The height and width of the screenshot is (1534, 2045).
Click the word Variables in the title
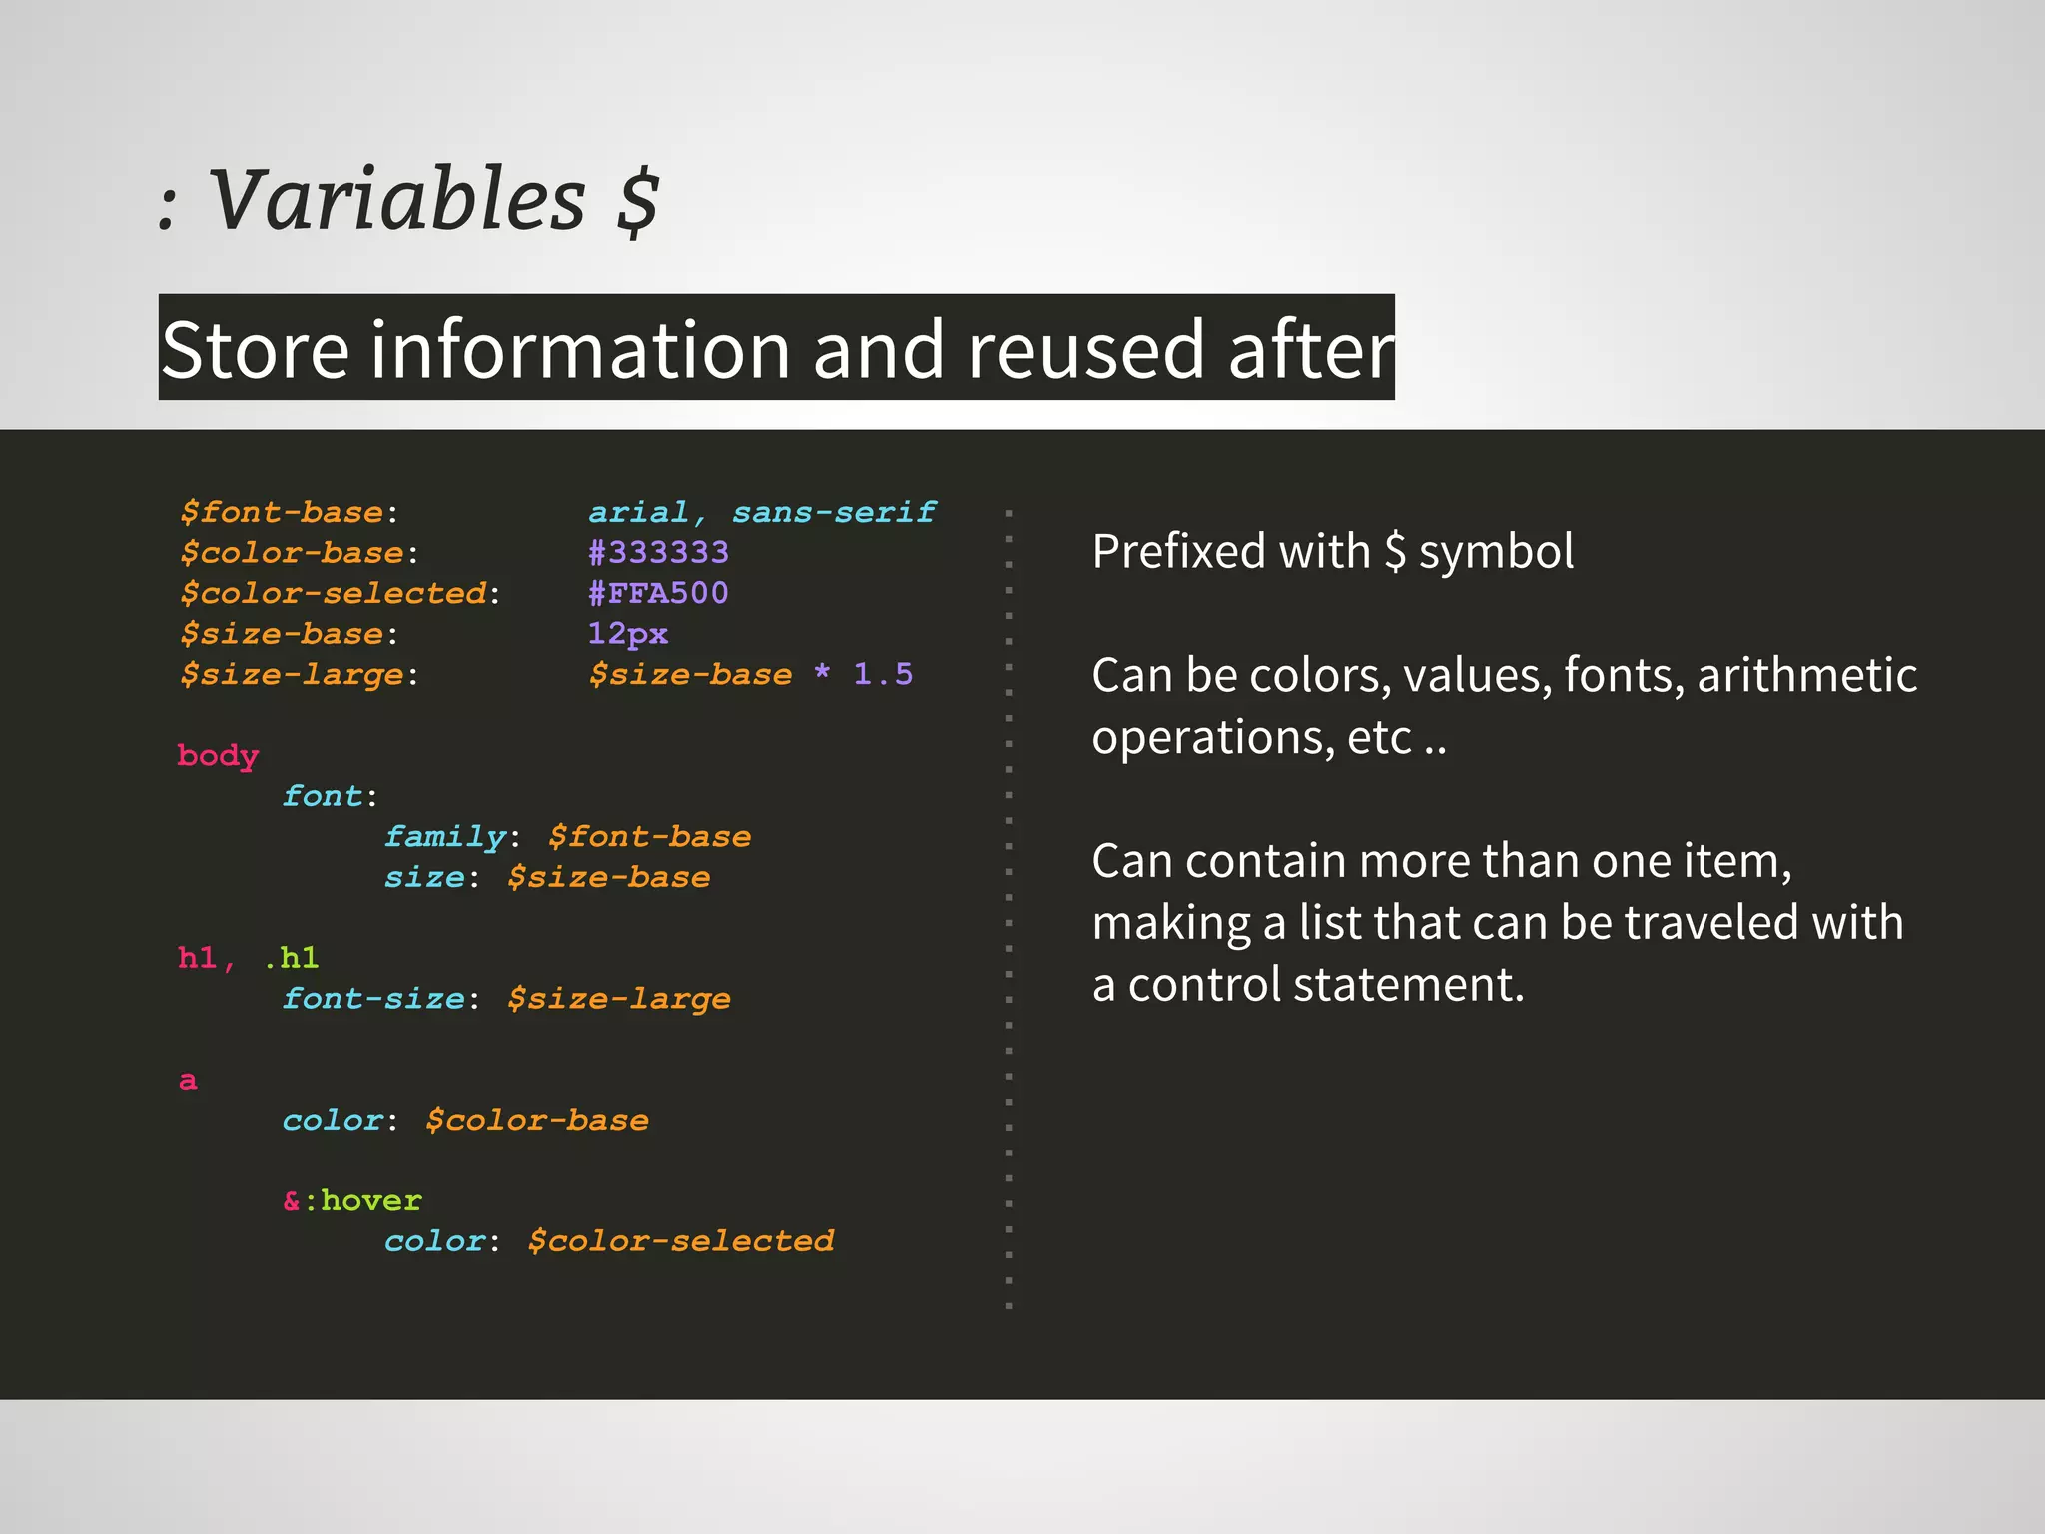397,200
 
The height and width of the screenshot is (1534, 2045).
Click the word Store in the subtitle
255,349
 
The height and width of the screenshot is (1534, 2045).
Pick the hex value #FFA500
658,593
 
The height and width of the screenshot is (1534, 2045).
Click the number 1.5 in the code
883,674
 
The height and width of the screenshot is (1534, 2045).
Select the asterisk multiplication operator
822,672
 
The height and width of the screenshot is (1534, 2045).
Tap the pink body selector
218,756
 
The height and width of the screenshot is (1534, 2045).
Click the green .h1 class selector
292,958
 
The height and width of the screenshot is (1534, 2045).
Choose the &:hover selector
352,1200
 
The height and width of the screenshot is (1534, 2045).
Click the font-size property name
373,999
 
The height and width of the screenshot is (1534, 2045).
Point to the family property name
445,837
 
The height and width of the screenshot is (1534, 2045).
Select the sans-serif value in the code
834,512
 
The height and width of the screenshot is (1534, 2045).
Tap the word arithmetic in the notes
1806,675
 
